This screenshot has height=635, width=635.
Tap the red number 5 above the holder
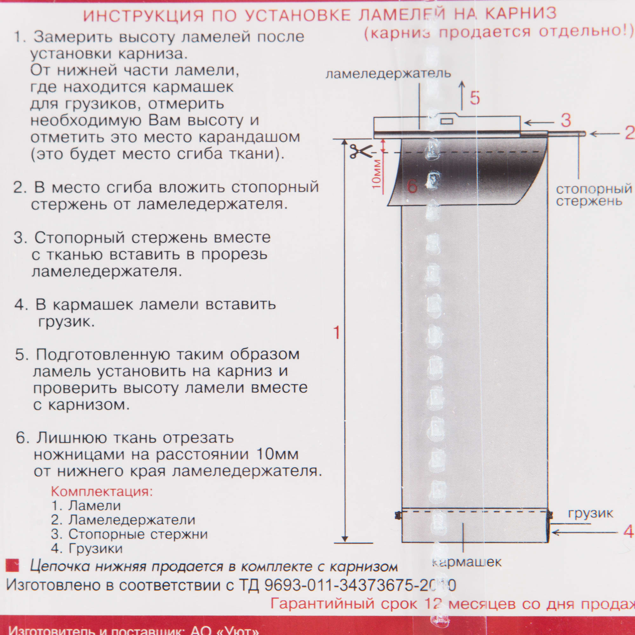pyautogui.click(x=475, y=97)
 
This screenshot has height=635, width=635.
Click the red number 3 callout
pyautogui.click(x=566, y=121)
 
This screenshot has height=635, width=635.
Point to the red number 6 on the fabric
pyautogui.click(x=412, y=186)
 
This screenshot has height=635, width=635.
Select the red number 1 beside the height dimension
pyautogui.click(x=336, y=333)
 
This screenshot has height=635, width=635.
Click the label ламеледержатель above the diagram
pyautogui.click(x=388, y=73)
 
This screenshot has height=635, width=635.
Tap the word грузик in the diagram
pyautogui.click(x=591, y=513)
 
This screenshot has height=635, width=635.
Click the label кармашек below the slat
pyautogui.click(x=467, y=562)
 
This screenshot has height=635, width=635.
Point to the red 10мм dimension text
pyautogui.click(x=377, y=174)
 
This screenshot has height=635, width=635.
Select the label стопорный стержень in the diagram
pyautogui.click(x=594, y=195)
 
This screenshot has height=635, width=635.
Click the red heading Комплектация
pyautogui.click(x=102, y=491)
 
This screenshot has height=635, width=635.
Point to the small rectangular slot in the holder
pyautogui.click(x=446, y=122)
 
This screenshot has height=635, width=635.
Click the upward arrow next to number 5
pyautogui.click(x=462, y=95)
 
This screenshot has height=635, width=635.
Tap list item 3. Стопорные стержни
pyautogui.click(x=130, y=534)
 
